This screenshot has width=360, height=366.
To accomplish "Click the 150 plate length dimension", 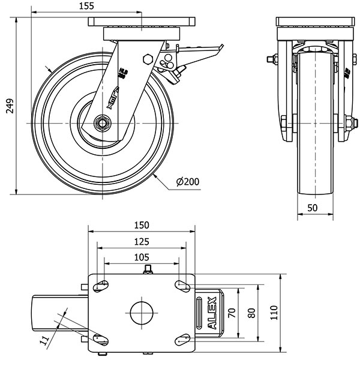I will tap(142, 225).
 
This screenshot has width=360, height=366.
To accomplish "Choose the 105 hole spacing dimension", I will tap(142, 257).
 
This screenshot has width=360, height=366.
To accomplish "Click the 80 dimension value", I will tap(251, 313).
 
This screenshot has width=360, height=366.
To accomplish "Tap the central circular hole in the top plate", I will tap(142, 312).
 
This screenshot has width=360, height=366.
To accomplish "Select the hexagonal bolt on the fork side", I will tap(148, 59).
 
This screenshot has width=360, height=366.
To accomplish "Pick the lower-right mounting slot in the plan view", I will tap(181, 340).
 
